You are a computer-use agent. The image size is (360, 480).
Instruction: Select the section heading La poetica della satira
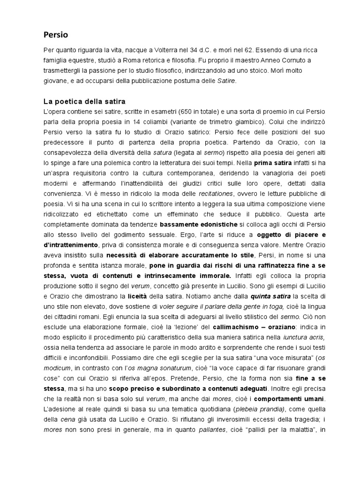coord(84,101)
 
